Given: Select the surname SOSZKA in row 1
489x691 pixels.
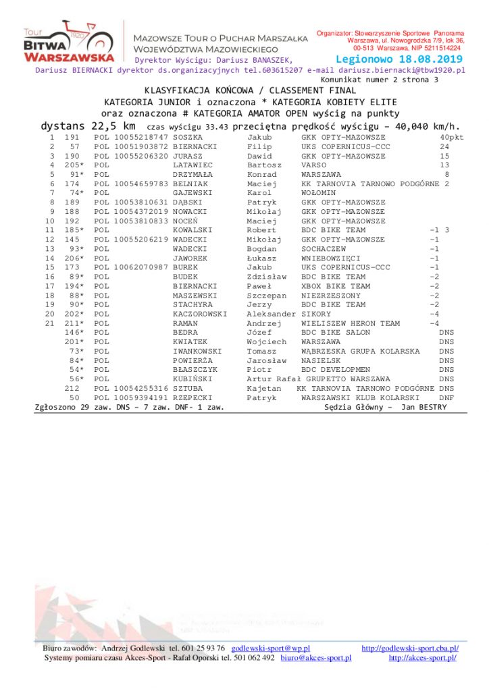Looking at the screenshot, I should pyautogui.click(x=187, y=137).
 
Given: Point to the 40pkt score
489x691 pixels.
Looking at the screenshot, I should pyautogui.click(x=451, y=137).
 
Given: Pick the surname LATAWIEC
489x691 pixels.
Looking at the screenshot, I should pyautogui.click(x=192, y=165).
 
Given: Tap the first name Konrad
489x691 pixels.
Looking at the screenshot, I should pyautogui.click(x=261, y=174).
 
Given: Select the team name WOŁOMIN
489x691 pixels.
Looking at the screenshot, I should pyautogui.click(x=318, y=193).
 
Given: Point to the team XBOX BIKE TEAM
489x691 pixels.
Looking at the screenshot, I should pyautogui.click(x=336, y=286).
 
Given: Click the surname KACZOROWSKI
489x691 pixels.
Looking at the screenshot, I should pyautogui.click(x=200, y=314).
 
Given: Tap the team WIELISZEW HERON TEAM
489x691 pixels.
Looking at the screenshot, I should pyautogui.click(x=351, y=323).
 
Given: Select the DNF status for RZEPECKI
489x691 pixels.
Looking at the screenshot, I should pyautogui.click(x=446, y=398).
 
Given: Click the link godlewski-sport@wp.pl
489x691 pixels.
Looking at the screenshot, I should pyautogui.click(x=270, y=648).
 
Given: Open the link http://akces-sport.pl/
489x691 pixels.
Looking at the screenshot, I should pyautogui.click(x=422, y=658).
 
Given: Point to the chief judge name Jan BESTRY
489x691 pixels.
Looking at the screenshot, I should pyautogui.click(x=423, y=407).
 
